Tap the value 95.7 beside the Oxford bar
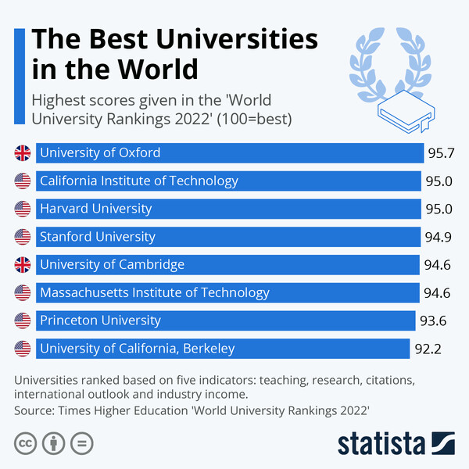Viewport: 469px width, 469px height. pos(440,153)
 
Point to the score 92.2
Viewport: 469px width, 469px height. pos(428,349)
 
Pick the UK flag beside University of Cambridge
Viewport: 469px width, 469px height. pos(23,264)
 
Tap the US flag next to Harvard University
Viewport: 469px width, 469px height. pos(23,209)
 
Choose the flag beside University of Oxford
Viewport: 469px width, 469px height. pos(23,153)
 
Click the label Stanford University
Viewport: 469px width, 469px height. pos(98,237)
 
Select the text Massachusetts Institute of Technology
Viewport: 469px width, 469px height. pos(155,292)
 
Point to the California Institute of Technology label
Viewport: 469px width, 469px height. pos(139,181)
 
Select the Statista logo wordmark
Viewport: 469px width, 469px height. pos(381,443)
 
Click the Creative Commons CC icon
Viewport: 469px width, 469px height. pos(26,443)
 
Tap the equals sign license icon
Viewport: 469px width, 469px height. pos(81,443)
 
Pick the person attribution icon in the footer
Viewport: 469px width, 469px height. pos(53,443)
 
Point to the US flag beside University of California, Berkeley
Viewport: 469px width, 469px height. pos(23,348)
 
